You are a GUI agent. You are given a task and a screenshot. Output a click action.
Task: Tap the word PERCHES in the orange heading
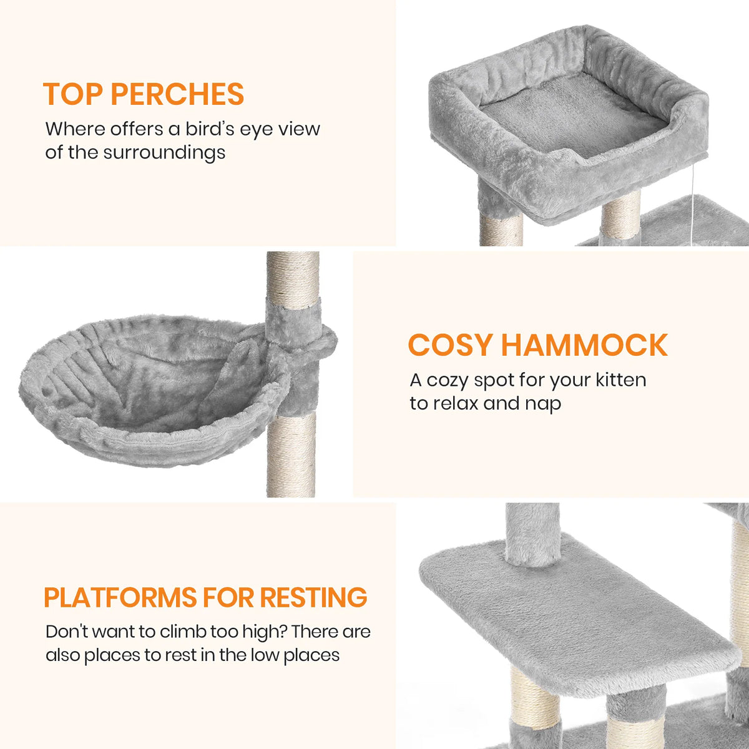coord(177,94)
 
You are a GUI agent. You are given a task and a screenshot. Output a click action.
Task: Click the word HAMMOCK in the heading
coord(584,346)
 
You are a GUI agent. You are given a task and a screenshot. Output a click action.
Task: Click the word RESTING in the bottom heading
coord(313,597)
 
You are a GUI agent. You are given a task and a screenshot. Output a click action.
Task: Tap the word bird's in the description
coord(210,129)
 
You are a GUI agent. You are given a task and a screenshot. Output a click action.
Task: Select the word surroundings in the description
coord(164,152)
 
